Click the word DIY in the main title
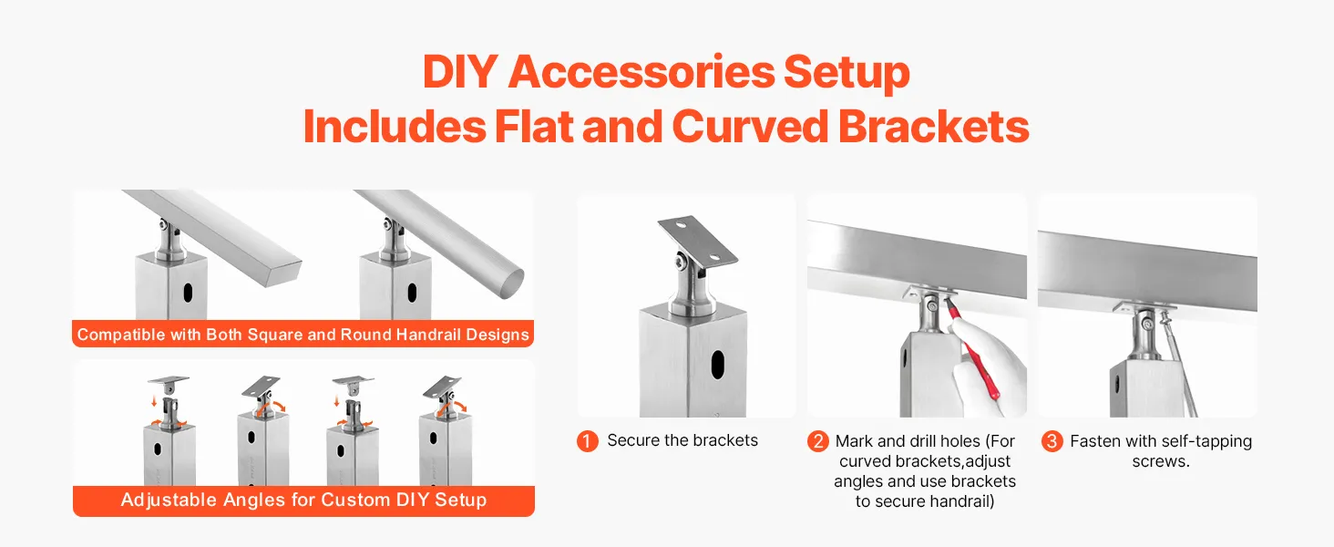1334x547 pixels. click(460, 72)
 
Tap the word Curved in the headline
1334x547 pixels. click(749, 127)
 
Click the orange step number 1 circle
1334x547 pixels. click(587, 441)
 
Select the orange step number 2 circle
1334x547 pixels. click(817, 441)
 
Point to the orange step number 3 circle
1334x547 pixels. click(1052, 441)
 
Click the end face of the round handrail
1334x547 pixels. click(510, 284)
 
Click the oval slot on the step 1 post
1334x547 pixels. click(718, 365)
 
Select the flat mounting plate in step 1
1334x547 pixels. click(698, 241)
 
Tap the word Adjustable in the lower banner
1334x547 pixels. click(169, 500)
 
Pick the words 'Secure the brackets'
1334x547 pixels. click(682, 440)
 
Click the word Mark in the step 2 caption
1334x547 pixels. click(854, 441)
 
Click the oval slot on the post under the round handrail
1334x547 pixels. click(412, 293)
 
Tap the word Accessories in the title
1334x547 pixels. click(641, 72)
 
